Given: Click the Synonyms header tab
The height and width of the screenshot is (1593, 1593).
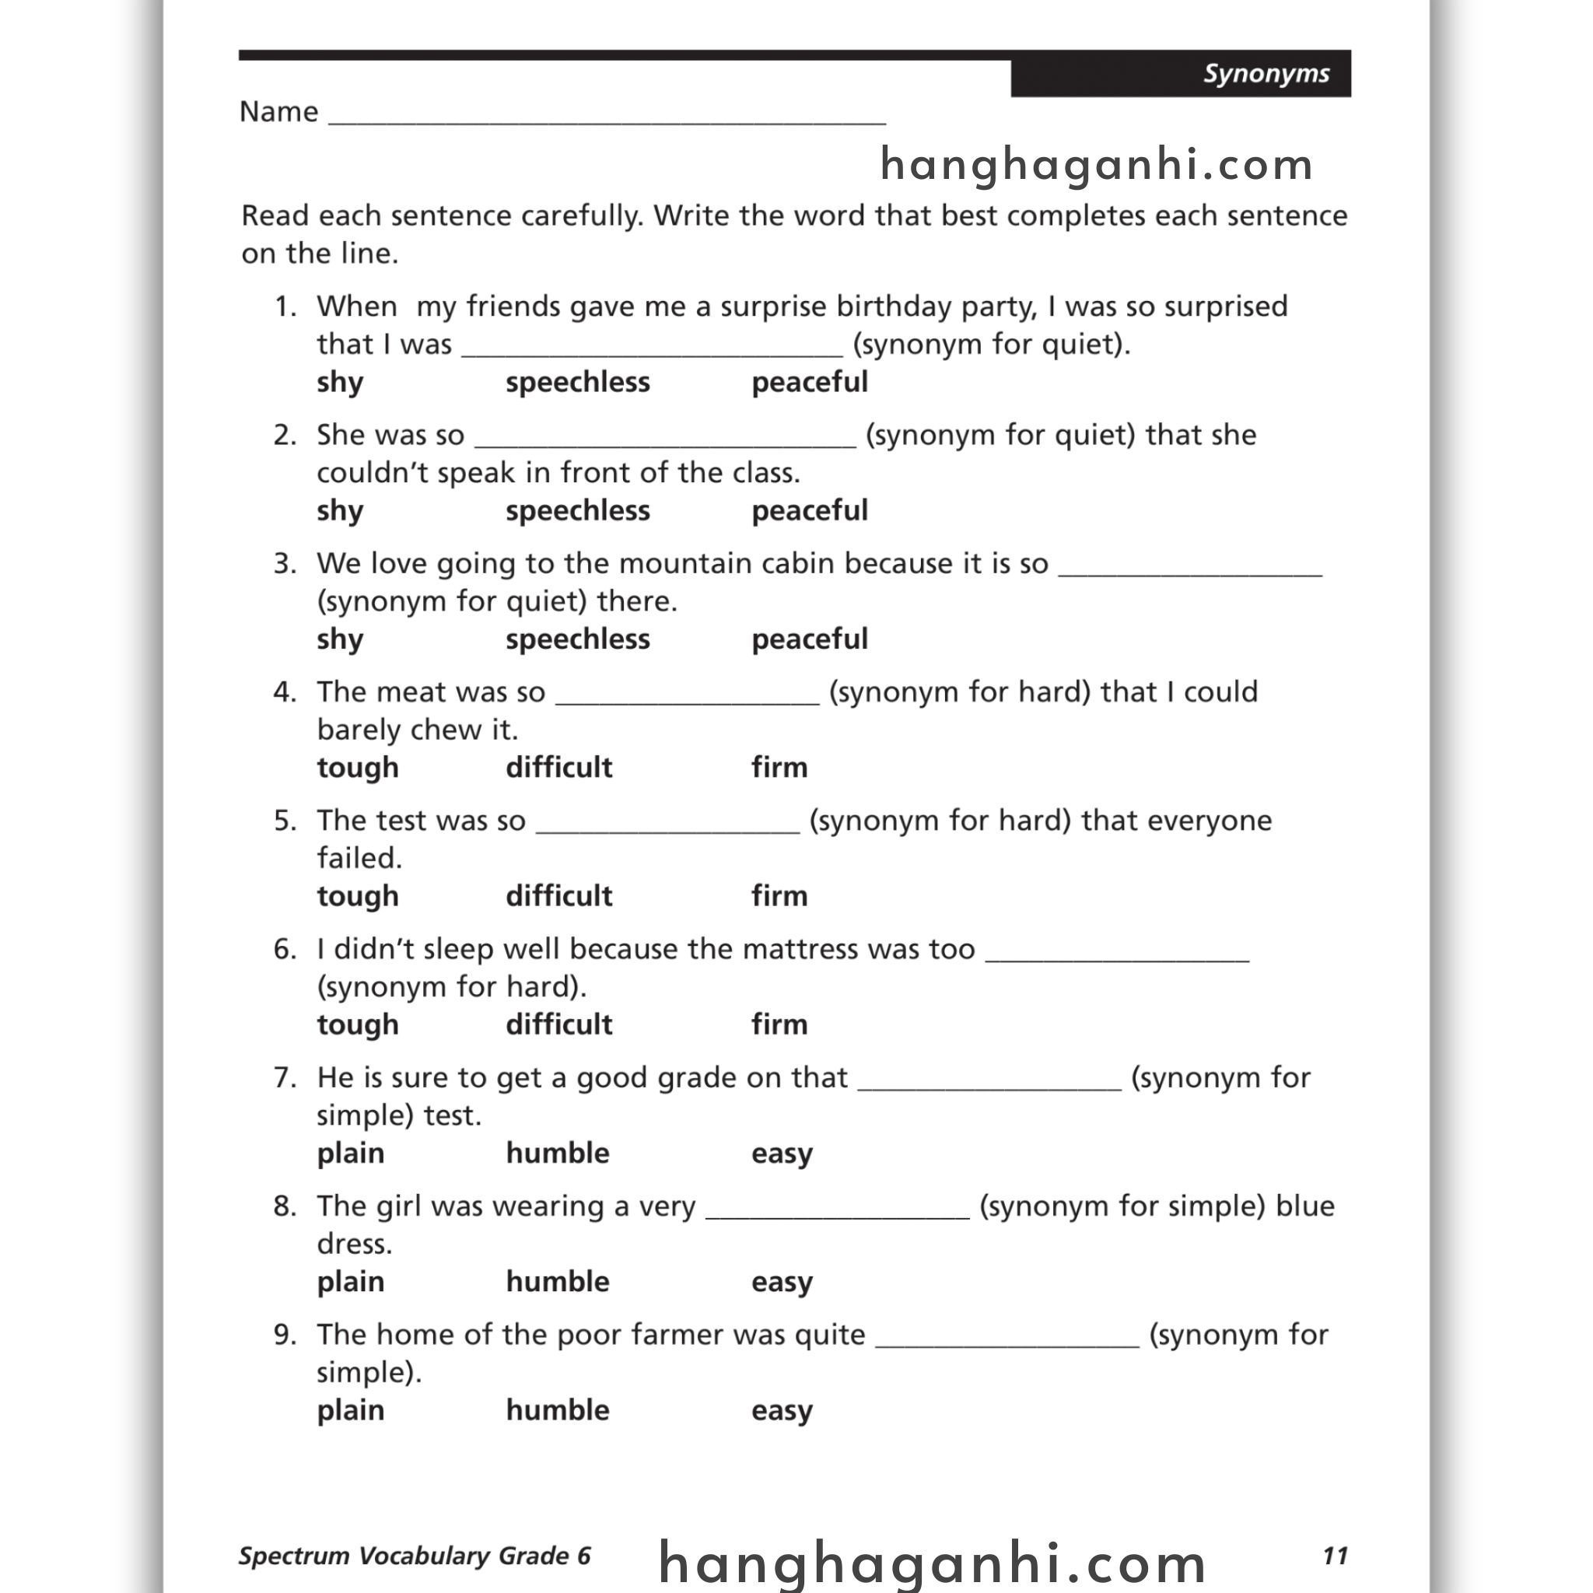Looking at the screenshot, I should tap(1266, 74).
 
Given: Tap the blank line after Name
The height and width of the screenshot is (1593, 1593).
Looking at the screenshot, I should tap(607, 115).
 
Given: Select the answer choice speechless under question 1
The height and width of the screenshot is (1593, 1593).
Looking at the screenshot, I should tap(577, 383).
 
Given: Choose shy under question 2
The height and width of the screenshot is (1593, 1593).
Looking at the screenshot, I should tap(340, 511).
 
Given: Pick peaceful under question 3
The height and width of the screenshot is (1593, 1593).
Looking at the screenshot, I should tap(810, 639).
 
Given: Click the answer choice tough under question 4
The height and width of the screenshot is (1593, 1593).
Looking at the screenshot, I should tap(358, 768).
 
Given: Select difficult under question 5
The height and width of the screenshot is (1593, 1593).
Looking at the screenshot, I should tap(559, 896).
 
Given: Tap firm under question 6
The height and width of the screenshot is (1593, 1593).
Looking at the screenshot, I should tap(779, 1025).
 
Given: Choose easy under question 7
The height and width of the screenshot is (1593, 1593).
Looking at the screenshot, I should tap(782, 1154).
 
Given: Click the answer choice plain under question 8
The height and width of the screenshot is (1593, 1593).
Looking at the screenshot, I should tap(351, 1282).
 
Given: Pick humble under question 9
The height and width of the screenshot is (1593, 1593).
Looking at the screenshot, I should tap(558, 1411).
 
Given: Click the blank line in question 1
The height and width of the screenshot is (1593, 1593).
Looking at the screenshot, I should tap(652, 348).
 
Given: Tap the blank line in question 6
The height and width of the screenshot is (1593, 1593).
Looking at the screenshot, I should tap(1117, 953).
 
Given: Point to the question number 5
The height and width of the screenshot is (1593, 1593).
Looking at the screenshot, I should tap(284, 821).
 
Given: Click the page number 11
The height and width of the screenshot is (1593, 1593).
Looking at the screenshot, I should tap(1335, 1556).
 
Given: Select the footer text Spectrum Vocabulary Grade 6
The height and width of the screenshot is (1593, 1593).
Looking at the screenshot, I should tap(415, 1556).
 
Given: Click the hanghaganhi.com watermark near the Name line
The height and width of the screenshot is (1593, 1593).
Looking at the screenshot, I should tap(1097, 165).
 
